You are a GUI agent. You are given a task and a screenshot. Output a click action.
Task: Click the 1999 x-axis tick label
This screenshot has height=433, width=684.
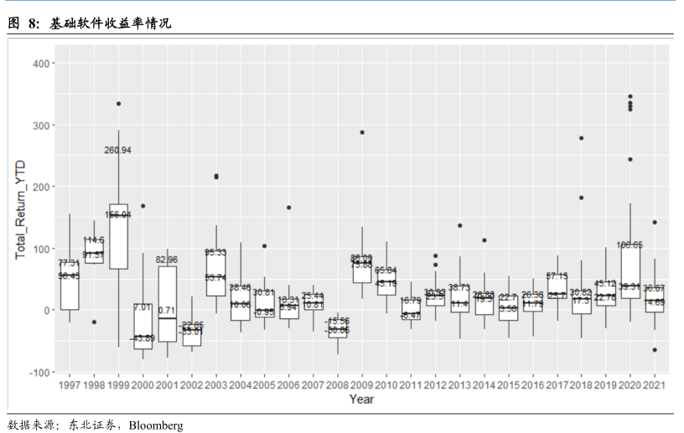point(118,384)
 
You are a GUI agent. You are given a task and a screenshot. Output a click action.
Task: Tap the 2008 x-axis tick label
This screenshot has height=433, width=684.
point(338,384)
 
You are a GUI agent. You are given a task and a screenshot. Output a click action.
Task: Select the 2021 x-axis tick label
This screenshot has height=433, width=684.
point(655,384)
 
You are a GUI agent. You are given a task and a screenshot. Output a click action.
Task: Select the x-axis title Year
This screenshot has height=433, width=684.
point(361,399)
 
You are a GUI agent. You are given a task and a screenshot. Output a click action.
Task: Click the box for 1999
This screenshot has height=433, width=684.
point(118,236)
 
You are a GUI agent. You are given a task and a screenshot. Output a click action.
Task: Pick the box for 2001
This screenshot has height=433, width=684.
point(167,303)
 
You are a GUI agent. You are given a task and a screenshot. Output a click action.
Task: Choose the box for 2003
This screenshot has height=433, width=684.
point(215,272)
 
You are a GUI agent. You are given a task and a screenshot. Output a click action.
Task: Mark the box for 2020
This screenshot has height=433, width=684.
point(630,272)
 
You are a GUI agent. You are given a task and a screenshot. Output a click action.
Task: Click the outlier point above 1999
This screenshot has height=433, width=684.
point(118,104)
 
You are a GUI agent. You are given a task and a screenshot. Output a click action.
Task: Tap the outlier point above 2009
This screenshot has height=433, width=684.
point(362,132)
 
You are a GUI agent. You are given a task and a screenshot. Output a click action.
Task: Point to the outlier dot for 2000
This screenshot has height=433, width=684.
point(142,205)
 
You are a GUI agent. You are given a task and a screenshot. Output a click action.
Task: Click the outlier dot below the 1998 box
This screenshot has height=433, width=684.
point(94,322)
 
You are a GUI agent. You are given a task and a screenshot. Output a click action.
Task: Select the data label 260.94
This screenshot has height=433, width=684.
point(118,150)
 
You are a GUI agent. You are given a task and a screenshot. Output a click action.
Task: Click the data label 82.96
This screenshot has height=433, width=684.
point(167,260)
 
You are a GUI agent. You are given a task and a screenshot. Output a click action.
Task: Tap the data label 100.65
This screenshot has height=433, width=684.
point(630,245)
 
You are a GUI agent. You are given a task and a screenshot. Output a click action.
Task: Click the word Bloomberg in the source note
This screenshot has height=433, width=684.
point(156,425)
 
